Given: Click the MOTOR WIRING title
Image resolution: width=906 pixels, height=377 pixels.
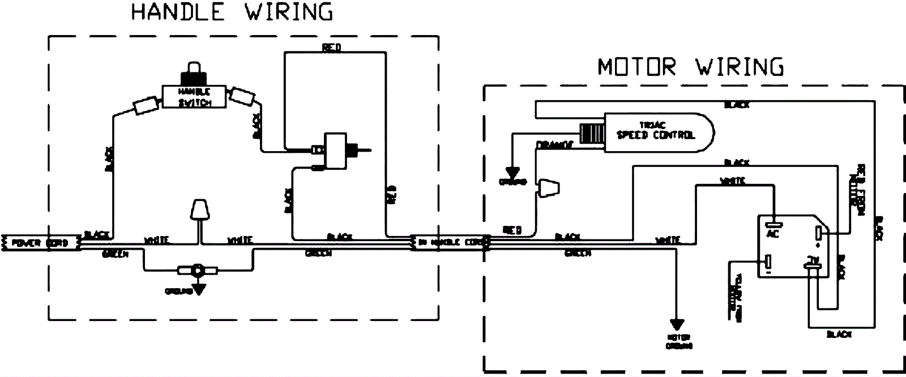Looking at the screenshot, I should [x=691, y=67].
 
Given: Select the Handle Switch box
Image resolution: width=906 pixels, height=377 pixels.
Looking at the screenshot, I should [x=194, y=97].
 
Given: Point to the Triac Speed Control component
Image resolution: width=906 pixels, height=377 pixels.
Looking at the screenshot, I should [x=657, y=131].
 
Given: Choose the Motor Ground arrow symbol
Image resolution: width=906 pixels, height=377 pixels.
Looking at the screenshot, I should [x=677, y=325].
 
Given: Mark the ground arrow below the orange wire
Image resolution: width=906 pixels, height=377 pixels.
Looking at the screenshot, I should [x=513, y=172].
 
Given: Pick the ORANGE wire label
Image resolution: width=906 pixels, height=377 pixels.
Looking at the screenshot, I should [x=554, y=145].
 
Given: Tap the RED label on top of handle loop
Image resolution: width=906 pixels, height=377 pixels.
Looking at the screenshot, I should [x=331, y=48].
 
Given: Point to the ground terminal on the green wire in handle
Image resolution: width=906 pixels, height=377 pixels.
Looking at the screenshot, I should [x=198, y=270].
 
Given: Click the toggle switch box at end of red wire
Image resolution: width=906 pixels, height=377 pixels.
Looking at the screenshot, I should [x=335, y=149].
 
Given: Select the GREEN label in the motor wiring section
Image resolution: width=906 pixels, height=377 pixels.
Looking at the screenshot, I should [x=578, y=254].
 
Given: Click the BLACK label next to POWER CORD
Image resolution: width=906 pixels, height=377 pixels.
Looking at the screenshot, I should [x=96, y=234].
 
